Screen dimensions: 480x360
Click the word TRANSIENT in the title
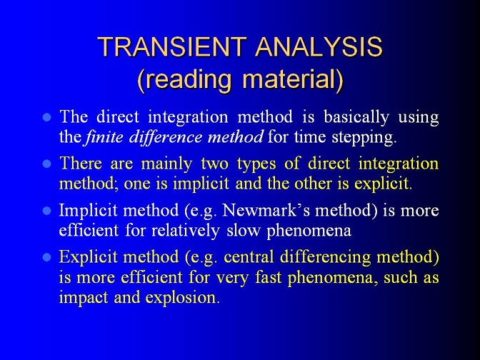click(172, 47)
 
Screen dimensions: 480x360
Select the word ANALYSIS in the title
click(319, 47)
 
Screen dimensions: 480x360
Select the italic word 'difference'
click(166, 136)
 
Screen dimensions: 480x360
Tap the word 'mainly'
click(166, 164)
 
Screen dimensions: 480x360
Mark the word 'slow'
click(243, 231)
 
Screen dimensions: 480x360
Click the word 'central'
click(249, 257)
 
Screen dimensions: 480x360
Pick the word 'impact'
click(84, 298)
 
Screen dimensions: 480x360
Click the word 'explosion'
click(182, 298)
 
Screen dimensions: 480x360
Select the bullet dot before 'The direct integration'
click(46, 118)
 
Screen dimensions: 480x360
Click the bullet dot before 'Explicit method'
click(46, 257)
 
